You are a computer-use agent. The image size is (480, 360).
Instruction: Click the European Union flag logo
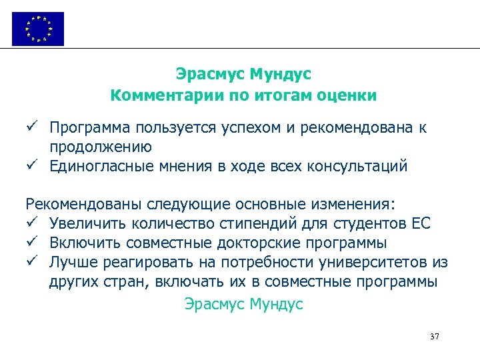click(x=38, y=29)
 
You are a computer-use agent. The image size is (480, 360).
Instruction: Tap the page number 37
click(x=435, y=337)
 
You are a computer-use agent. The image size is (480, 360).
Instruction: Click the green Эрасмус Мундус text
click(x=243, y=305)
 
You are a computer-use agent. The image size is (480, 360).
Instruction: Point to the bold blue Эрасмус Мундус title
click(x=243, y=73)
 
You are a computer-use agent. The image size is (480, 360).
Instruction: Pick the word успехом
click(x=247, y=127)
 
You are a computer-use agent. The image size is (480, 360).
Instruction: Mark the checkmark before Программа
click(x=31, y=127)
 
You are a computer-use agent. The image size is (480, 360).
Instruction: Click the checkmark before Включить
click(x=31, y=241)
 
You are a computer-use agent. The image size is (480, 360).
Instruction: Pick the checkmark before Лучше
click(x=31, y=261)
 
